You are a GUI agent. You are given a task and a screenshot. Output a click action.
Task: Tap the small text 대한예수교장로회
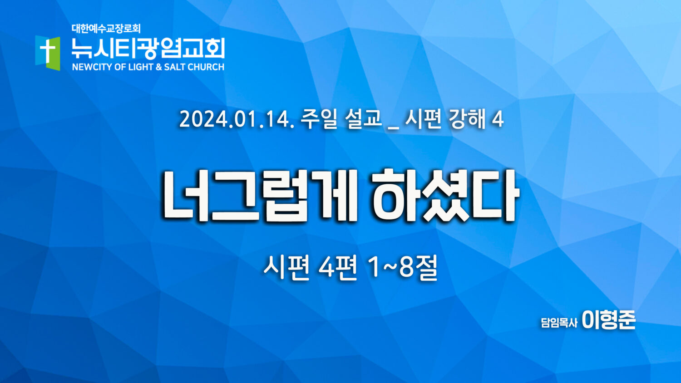(106, 29)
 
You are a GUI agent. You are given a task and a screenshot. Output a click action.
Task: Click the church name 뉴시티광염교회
(148, 49)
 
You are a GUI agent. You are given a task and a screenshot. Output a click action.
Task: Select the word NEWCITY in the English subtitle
(93, 67)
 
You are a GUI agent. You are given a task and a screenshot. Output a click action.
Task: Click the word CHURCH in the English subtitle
(206, 67)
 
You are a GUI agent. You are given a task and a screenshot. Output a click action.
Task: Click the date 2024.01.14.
(237, 119)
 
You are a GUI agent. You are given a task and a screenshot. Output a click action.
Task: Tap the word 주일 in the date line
(319, 119)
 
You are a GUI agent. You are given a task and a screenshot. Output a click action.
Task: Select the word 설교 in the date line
(363, 119)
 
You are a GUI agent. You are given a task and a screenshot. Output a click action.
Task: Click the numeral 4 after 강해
(498, 119)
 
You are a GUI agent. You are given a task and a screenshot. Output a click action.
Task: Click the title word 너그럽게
(260, 196)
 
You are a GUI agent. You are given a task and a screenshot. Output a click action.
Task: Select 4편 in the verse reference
(338, 267)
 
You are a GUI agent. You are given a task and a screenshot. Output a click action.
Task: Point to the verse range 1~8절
(402, 267)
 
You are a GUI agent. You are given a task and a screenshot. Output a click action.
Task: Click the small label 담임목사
(559, 323)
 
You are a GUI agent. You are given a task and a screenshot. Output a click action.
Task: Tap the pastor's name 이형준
(609, 320)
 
